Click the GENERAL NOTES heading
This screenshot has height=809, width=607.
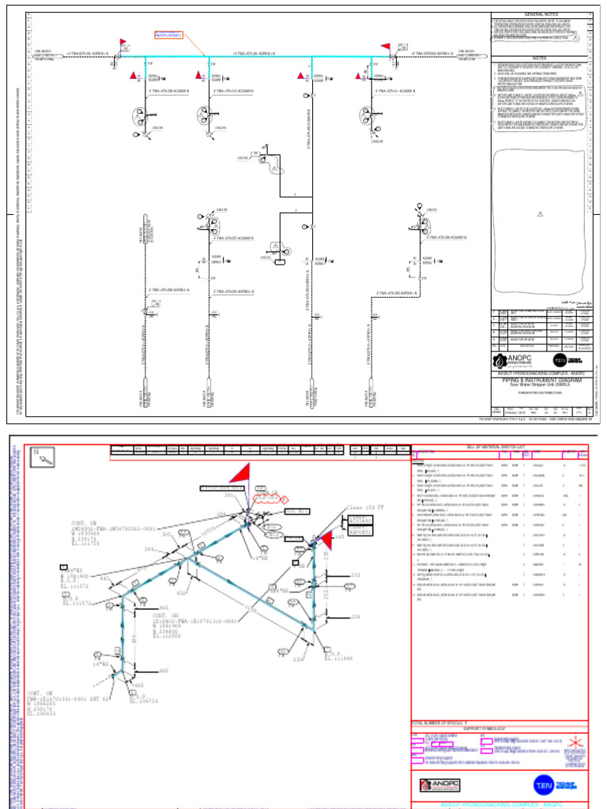[541, 14]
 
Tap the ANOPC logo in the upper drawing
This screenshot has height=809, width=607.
[515, 361]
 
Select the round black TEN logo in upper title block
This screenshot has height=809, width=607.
[560, 361]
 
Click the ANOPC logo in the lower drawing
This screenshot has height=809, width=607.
[439, 785]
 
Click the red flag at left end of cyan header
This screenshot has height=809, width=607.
[123, 43]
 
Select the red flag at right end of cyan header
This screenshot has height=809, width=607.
[386, 47]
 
